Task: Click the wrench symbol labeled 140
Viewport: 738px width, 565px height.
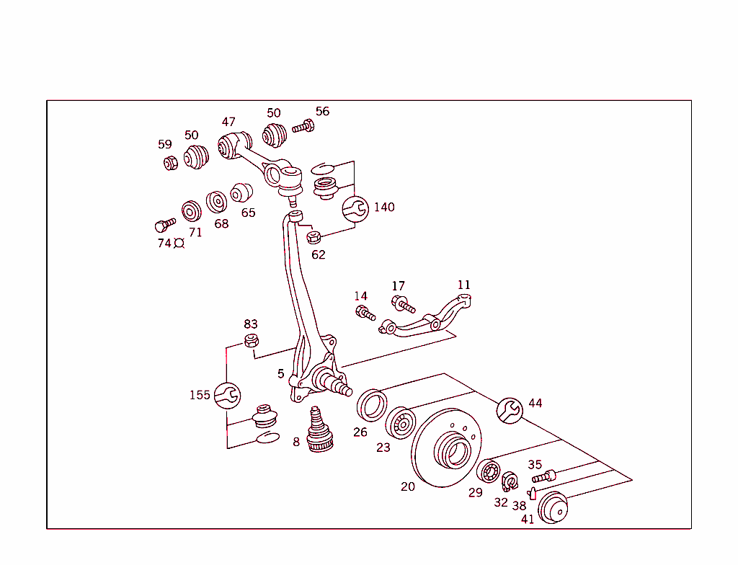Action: click(355, 209)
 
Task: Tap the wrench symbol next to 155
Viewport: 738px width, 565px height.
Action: click(227, 395)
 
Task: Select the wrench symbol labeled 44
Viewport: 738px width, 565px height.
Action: click(510, 410)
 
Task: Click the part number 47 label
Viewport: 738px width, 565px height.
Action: click(228, 122)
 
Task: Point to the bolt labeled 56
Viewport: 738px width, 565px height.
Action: click(303, 127)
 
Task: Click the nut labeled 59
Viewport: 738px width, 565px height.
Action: click(170, 163)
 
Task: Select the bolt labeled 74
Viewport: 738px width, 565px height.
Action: click(165, 224)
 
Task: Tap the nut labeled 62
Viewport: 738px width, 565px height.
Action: click(313, 237)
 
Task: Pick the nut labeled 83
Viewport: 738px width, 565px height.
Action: click(252, 340)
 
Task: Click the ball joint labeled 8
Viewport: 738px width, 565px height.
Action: click(318, 432)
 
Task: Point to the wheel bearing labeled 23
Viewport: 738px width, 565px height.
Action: click(400, 423)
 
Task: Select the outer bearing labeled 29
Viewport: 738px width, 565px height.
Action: click(489, 471)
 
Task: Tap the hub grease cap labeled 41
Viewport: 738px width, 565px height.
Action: click(553, 507)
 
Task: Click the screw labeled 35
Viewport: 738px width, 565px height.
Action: click(543, 476)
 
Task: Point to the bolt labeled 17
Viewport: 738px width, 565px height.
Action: click(402, 304)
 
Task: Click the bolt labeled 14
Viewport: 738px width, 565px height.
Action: click(365, 313)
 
